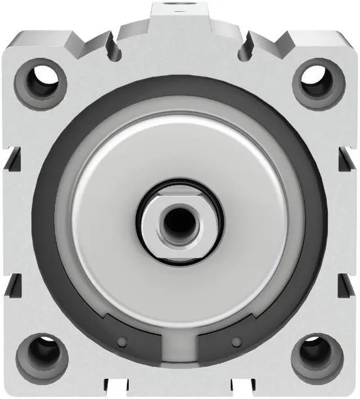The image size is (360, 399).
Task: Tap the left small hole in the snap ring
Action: coord(121,342)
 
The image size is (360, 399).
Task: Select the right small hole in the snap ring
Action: coord(237,341)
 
